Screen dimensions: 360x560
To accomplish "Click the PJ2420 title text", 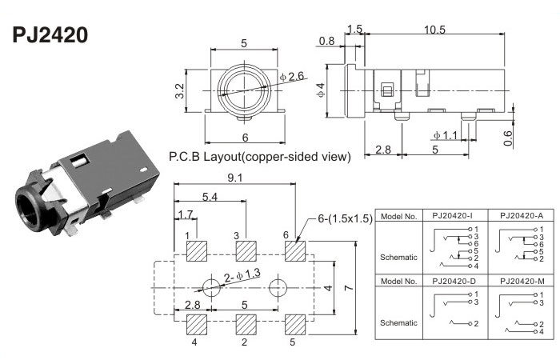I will [x=50, y=36].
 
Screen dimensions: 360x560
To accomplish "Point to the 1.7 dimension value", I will [x=185, y=214].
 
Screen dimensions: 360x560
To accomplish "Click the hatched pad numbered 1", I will [x=197, y=250].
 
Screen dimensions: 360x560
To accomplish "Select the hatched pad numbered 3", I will [x=246, y=250].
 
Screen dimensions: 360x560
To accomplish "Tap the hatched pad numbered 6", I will [x=295, y=250].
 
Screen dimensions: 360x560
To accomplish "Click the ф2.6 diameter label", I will [x=294, y=75].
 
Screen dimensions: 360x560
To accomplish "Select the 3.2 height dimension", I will [x=181, y=90].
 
